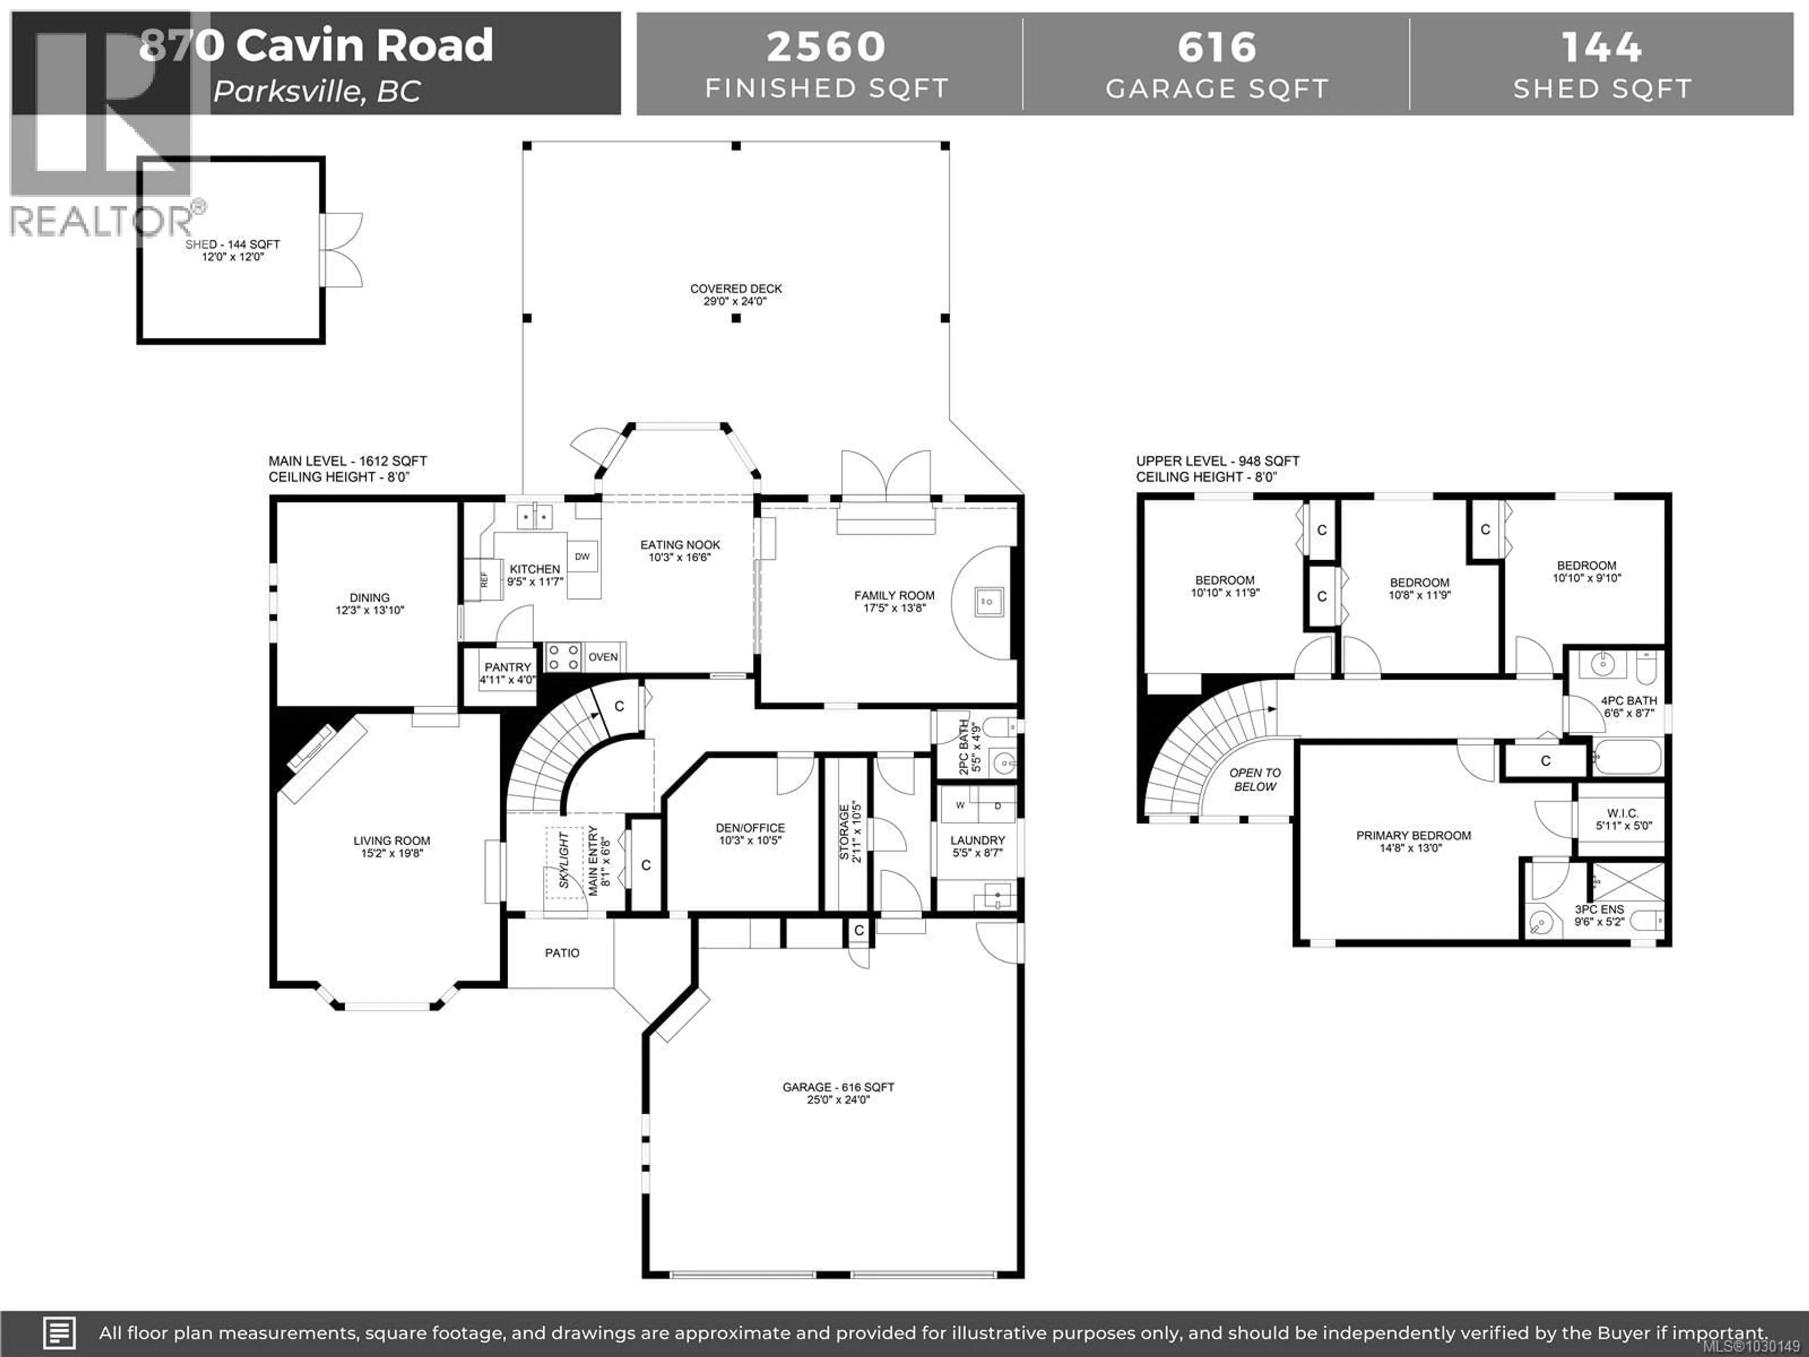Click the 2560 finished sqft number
(826, 47)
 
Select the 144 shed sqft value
(1601, 47)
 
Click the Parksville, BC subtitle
(318, 91)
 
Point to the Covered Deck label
(736, 289)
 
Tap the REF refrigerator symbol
(483, 579)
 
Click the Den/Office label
(750, 828)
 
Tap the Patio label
(562, 953)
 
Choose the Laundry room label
(978, 840)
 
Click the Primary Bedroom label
(1413, 835)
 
